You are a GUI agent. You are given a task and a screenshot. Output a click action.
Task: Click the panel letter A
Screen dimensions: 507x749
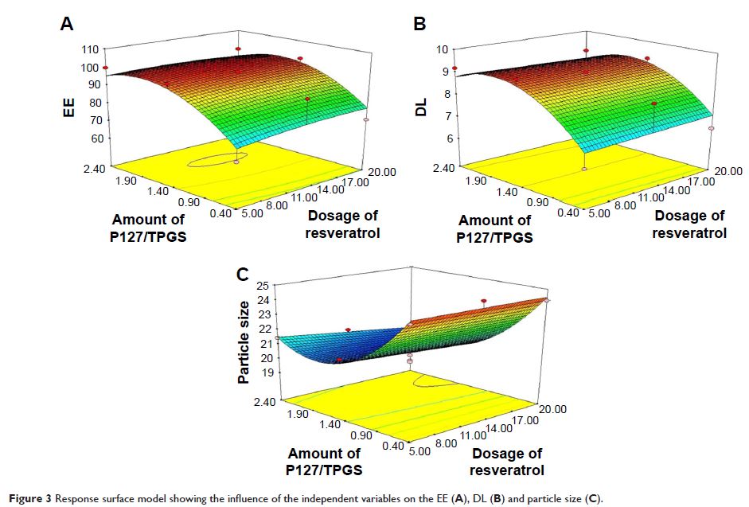pos(68,24)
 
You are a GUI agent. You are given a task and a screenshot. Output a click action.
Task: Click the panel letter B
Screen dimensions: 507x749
pos(419,24)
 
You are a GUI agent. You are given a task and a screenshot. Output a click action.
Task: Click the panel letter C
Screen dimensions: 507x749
pos(244,275)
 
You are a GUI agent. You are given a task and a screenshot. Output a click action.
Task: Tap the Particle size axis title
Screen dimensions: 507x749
pos(244,341)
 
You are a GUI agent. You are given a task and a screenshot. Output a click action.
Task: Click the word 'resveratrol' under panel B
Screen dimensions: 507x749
pos(689,233)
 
